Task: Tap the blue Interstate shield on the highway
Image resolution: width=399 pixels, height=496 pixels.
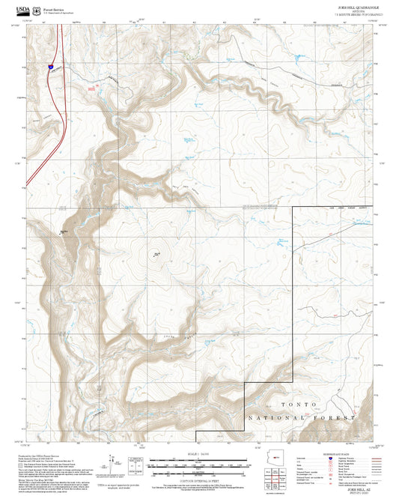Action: pyautogui.click(x=50, y=67)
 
